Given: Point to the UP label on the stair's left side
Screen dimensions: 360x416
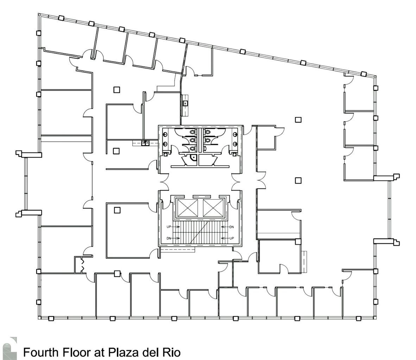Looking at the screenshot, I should click(x=169, y=227).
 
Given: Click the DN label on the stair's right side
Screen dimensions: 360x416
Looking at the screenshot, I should click(x=231, y=227).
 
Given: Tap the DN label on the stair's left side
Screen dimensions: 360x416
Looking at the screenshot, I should click(x=169, y=239).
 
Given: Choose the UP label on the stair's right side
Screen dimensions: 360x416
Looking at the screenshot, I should click(x=231, y=239).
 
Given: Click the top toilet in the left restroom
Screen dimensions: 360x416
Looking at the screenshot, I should click(x=192, y=132).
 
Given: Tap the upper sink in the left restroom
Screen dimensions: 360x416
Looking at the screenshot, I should click(x=165, y=134).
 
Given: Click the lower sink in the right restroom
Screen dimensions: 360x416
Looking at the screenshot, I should click(x=234, y=143).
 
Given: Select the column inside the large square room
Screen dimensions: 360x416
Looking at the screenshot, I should click(x=117, y=210).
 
